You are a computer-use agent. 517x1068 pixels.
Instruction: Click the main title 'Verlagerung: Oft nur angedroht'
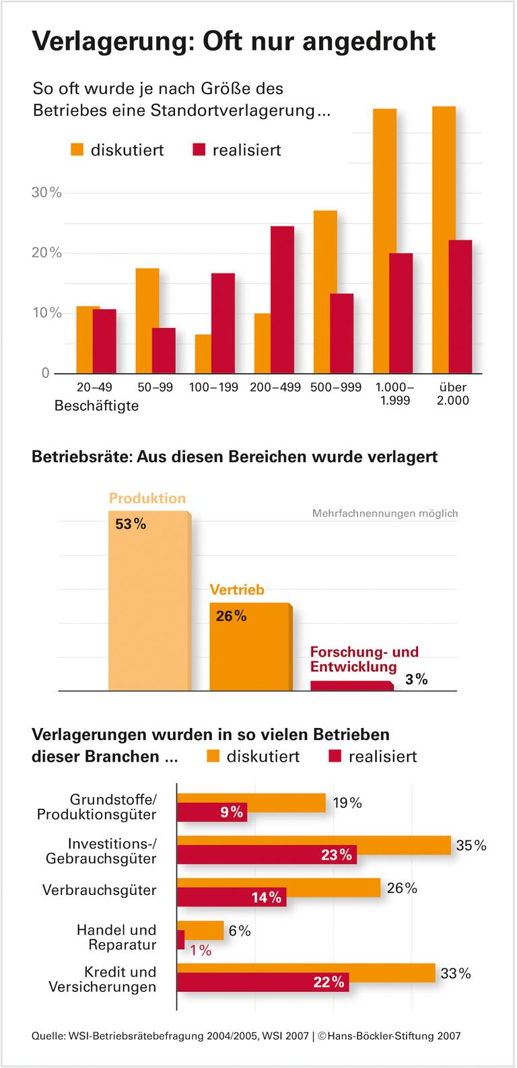[234, 42]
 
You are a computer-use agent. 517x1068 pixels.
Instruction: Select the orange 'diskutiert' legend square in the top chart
[77, 149]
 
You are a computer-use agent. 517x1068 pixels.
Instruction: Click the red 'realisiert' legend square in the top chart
[199, 149]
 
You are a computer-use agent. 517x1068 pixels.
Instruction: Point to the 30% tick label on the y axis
[46, 193]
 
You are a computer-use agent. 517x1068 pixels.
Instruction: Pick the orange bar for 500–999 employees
[325, 292]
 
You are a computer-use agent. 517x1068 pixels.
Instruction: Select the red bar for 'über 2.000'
[460, 307]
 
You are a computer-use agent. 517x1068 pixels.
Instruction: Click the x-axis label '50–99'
[155, 388]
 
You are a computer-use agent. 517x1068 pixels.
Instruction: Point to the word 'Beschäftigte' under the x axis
[96, 406]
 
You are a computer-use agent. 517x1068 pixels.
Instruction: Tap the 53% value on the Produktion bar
[130, 524]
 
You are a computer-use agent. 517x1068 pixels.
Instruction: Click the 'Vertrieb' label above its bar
[237, 590]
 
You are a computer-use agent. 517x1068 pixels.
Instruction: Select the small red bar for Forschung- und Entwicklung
[351, 686]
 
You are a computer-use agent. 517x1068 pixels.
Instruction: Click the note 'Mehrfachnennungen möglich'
[384, 513]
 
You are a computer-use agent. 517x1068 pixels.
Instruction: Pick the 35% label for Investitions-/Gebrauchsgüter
[471, 845]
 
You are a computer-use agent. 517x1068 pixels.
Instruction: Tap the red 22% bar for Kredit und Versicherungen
[263, 982]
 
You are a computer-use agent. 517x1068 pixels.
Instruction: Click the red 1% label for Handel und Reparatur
[201, 950]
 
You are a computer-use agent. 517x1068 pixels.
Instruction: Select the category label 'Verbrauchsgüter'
[99, 890]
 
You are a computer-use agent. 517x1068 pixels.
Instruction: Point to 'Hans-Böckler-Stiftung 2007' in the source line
[394, 1036]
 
